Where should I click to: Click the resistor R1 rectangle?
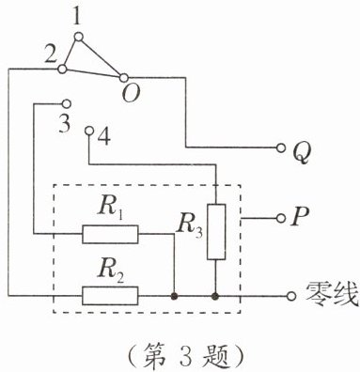pos(110,234)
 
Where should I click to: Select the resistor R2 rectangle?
pos(110,296)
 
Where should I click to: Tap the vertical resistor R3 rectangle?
pos(216,232)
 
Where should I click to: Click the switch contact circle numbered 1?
pos(79,37)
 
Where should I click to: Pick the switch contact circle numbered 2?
pos(63,69)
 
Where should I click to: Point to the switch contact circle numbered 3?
pos(67,103)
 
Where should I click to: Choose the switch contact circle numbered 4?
pos(89,131)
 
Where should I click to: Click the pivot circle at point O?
pos(124,77)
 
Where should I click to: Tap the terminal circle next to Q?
pos(281,147)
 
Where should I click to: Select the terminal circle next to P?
pos(281,218)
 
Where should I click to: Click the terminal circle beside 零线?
pos(291,296)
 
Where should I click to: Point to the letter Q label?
pos(302,152)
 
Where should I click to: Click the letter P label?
pos(300,216)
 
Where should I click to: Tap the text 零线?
pos(332,294)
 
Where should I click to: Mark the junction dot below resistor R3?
pos(215,296)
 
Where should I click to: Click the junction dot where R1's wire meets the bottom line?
pos(173,296)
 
